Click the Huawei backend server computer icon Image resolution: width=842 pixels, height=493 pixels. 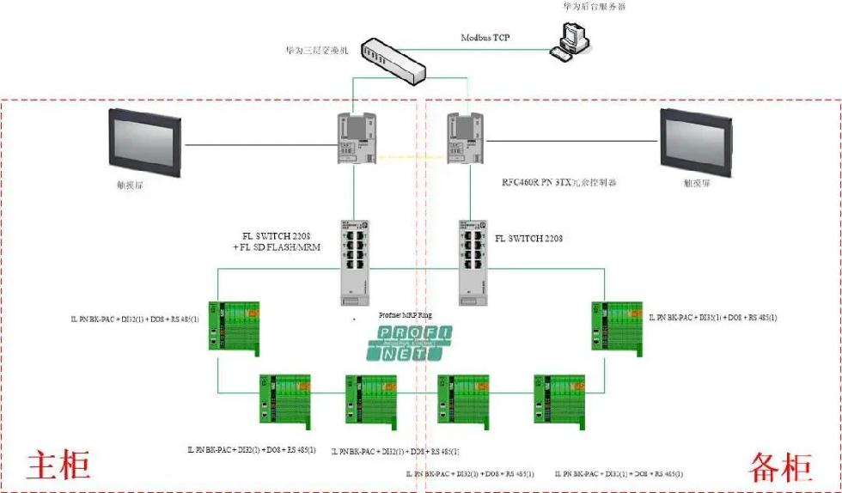tap(571, 39)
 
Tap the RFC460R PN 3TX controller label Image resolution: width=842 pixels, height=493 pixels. tap(559, 183)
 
